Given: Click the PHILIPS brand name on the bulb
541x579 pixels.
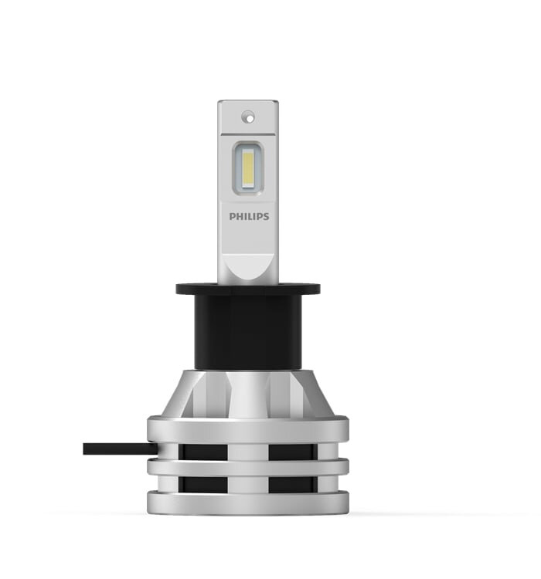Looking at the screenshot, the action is point(249,216).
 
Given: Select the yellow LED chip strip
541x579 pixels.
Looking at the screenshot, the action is point(248,168).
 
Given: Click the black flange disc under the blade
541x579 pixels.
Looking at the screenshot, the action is point(248,289).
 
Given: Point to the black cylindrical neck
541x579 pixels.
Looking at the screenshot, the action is point(248,331).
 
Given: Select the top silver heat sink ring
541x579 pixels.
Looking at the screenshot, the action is point(248,430).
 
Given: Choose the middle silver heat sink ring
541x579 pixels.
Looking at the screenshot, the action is point(248,468).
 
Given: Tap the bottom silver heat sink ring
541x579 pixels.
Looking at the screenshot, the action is point(248,503).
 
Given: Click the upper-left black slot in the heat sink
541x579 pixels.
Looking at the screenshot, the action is point(203,452).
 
